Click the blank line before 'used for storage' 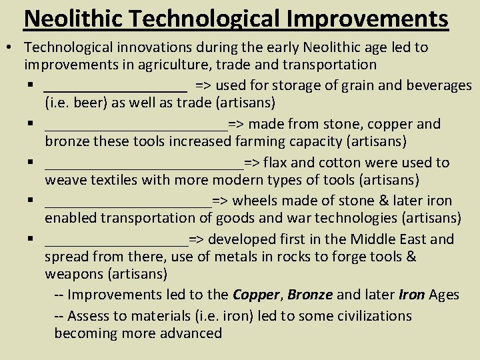click(x=115, y=87)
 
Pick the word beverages click(x=439, y=85)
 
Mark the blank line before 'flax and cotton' click(x=144, y=165)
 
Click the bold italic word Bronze click(x=310, y=294)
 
